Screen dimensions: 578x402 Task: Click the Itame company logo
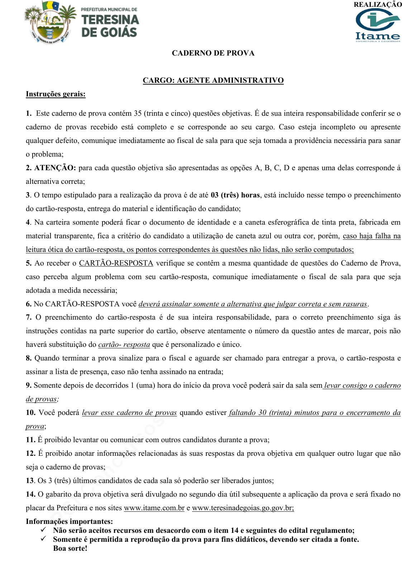tap(378, 25)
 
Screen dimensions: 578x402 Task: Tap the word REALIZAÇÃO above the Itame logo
tap(378, 5)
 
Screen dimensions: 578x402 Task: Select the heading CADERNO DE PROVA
tap(213, 53)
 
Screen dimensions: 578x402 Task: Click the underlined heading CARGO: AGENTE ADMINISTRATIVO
tap(213, 80)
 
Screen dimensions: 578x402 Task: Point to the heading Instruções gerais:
tap(56, 94)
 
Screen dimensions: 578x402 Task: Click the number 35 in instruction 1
tap(138, 114)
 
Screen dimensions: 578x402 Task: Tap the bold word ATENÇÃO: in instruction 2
tap(55, 168)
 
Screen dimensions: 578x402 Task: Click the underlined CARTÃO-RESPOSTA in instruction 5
tap(116, 263)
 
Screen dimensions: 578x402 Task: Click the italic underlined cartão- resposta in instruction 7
tap(124, 345)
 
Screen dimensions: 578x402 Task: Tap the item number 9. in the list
tap(29, 386)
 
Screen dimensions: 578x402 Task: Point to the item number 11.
tap(30, 440)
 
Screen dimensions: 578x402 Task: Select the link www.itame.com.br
tap(154, 508)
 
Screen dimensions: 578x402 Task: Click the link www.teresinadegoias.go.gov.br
tap(243, 508)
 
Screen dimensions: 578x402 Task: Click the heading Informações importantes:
tap(69, 521)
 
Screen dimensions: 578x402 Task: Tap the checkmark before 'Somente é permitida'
tap(43, 539)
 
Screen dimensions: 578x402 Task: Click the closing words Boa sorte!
tap(70, 549)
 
